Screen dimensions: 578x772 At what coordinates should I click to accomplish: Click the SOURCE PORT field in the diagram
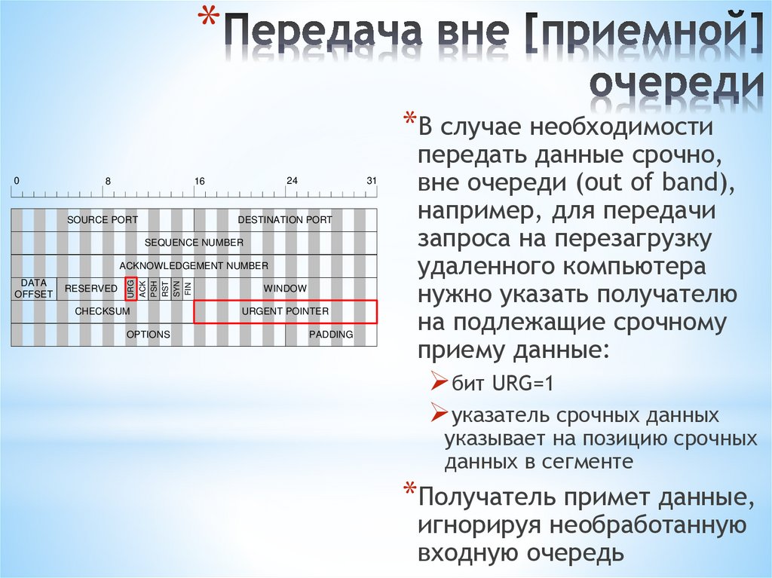click(103, 220)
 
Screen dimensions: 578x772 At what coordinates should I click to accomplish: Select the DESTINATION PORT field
click(285, 220)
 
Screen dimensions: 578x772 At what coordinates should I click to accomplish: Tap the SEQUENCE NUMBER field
click(194, 243)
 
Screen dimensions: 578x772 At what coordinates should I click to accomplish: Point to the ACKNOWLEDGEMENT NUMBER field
click(194, 266)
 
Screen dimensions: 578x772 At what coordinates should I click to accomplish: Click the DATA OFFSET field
click(33, 289)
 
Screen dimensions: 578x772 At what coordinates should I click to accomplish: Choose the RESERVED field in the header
click(90, 289)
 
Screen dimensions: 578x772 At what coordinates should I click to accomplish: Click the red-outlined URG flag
click(130, 289)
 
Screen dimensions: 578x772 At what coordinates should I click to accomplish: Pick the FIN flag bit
click(188, 289)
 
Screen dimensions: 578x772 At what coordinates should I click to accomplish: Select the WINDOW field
click(285, 289)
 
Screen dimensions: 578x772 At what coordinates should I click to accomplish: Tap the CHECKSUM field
click(103, 311)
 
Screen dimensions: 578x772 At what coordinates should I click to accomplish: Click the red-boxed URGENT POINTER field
click(285, 311)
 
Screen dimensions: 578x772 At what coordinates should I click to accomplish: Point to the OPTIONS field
click(148, 335)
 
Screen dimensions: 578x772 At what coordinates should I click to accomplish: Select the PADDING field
click(331, 335)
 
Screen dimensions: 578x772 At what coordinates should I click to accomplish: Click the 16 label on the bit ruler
click(199, 182)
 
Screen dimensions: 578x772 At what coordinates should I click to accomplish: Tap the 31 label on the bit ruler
click(371, 181)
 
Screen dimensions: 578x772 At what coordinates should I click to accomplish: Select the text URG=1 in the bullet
click(523, 384)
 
